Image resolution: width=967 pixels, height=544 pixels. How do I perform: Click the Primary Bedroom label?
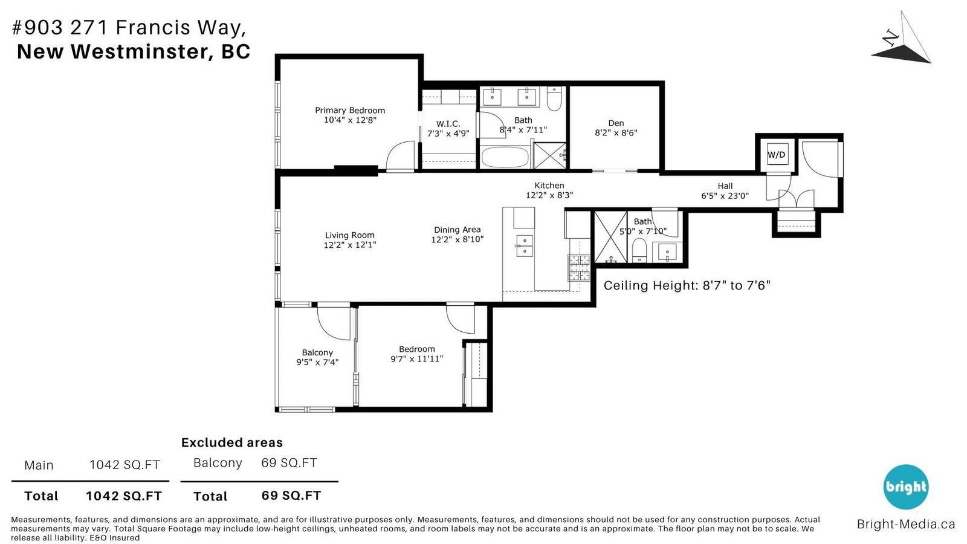[350, 111]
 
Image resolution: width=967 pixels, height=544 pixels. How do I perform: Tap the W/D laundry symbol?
[776, 154]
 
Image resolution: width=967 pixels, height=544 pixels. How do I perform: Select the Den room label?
[616, 123]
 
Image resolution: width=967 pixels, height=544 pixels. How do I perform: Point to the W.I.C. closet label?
[448, 124]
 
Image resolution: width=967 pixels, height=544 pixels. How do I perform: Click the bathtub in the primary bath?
[505, 157]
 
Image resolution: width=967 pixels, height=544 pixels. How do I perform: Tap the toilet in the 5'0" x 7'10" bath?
[639, 250]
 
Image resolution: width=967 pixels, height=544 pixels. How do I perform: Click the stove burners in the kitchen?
[579, 268]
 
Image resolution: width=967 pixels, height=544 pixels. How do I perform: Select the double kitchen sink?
[525, 246]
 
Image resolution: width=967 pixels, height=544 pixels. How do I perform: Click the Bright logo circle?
[906, 487]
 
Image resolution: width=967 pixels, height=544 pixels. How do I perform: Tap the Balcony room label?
[317, 353]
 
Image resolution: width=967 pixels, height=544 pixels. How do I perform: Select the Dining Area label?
[457, 230]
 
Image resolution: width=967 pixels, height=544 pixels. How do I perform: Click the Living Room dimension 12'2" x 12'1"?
[350, 245]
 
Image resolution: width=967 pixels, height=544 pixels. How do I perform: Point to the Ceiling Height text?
[687, 285]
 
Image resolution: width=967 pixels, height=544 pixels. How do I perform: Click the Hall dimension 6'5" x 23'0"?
[725, 196]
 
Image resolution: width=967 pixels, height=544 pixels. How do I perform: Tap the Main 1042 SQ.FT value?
[125, 465]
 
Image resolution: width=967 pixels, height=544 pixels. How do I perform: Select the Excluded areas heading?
[232, 442]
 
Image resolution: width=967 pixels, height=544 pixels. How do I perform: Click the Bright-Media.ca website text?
[906, 524]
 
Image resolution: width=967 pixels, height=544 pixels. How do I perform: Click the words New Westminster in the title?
[112, 51]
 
